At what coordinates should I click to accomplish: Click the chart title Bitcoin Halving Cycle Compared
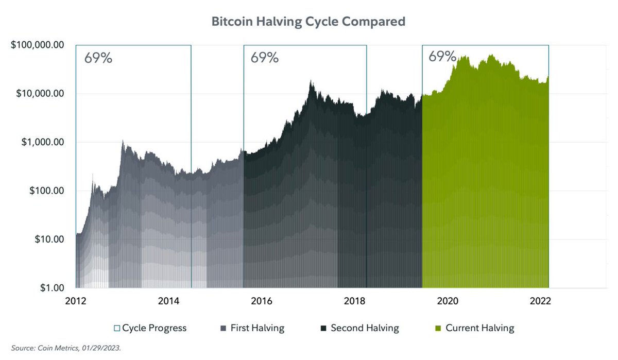point(308,22)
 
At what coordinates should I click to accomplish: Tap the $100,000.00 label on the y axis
point(37,45)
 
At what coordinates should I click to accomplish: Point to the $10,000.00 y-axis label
point(40,93)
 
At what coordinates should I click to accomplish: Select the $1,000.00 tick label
point(42,142)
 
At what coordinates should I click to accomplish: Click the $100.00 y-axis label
point(47,191)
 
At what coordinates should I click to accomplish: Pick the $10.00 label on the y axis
point(49,239)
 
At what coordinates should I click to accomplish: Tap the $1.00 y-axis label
point(52,288)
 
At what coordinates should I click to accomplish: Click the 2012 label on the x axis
point(76,301)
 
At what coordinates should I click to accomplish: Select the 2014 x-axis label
point(168,301)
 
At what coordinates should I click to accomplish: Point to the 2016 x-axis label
point(262,301)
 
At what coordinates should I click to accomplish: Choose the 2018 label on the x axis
point(354,301)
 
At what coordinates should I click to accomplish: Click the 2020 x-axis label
point(448,301)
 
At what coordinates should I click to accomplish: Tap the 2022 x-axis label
point(540,301)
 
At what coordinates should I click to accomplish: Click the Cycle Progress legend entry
point(150,328)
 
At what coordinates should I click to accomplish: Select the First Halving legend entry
point(252,328)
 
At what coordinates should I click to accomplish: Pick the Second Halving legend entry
point(360,328)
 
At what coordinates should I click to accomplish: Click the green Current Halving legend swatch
point(438,328)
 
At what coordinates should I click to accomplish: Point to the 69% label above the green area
point(442,57)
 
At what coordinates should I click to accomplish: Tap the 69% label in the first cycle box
point(98,58)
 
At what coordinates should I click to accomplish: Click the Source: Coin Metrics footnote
point(66,348)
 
